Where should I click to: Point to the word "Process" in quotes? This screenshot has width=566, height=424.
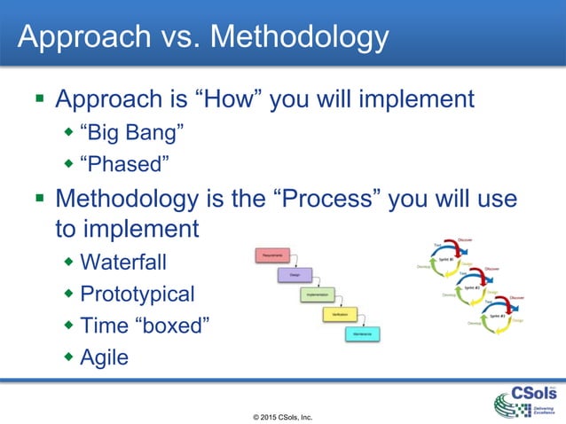pyautogui.click(x=335, y=197)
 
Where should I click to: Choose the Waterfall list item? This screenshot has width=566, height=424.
pyautogui.click(x=123, y=263)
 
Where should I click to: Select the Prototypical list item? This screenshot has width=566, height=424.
pyautogui.click(x=137, y=294)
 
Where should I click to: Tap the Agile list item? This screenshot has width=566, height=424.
pyautogui.click(x=104, y=357)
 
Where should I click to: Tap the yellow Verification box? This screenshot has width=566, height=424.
pyautogui.click(x=339, y=314)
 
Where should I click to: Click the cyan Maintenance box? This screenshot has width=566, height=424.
pyautogui.click(x=363, y=334)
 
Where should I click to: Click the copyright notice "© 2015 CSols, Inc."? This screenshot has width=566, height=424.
pyautogui.click(x=283, y=415)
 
